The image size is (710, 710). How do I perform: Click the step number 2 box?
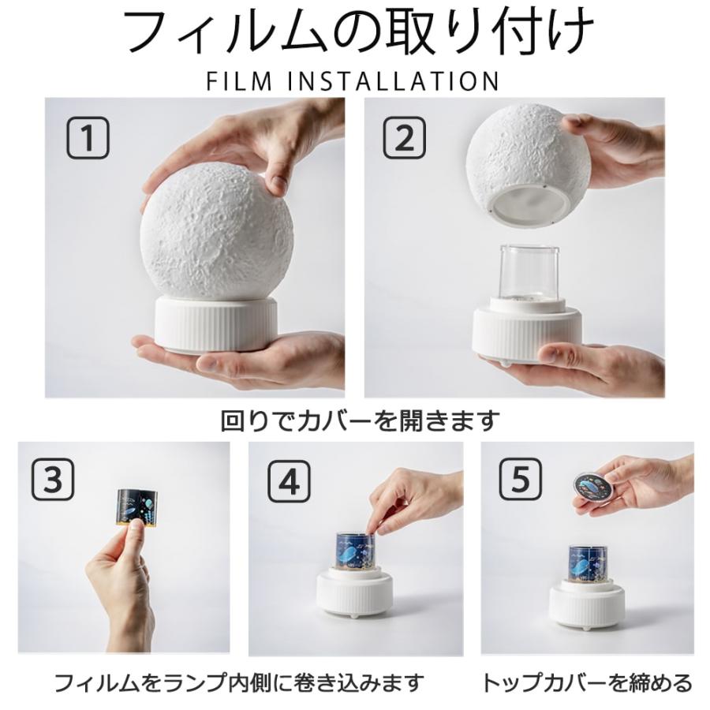pos(404,139)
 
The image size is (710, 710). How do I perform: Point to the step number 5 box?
pos(521,478)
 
